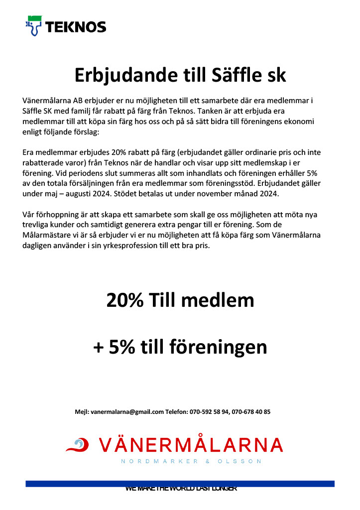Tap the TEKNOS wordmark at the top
point(75,27)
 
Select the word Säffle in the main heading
point(234,75)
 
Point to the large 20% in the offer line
point(124,300)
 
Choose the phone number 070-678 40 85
point(251,412)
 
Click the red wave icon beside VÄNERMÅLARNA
point(77,445)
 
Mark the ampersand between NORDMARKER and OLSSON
point(208,462)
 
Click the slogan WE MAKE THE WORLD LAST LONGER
point(181,489)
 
